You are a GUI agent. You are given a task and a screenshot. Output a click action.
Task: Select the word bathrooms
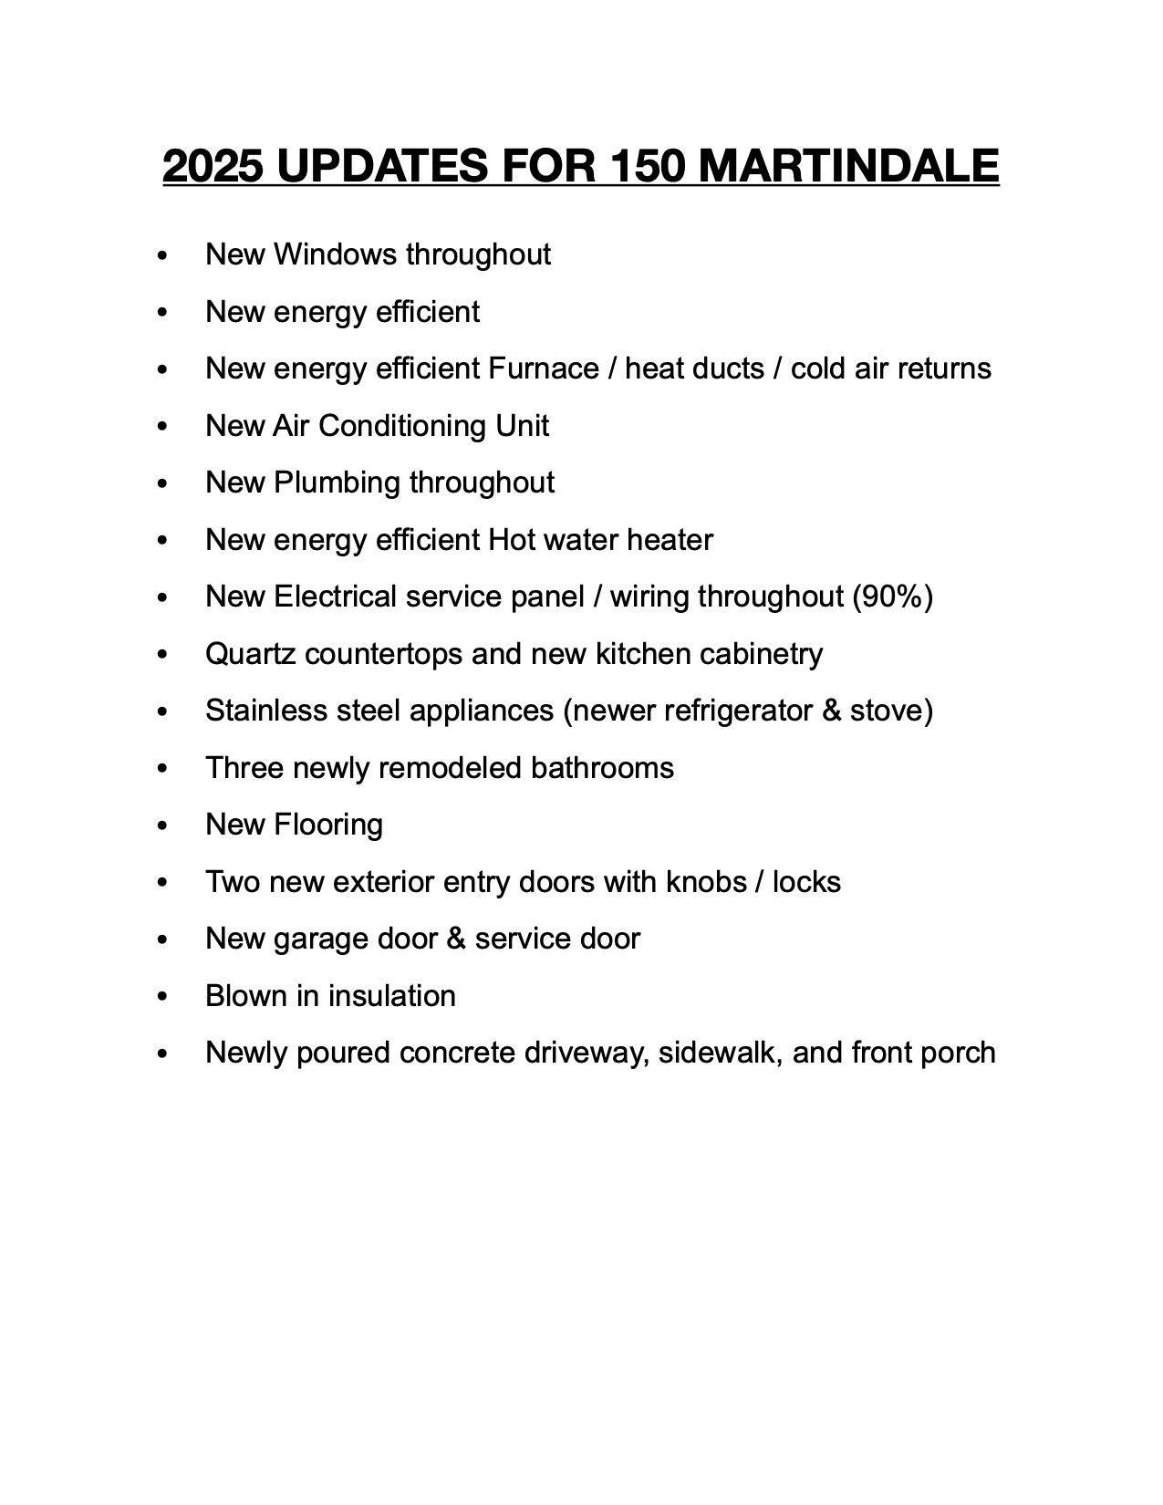point(602,768)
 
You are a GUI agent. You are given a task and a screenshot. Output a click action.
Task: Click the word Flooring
point(327,825)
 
